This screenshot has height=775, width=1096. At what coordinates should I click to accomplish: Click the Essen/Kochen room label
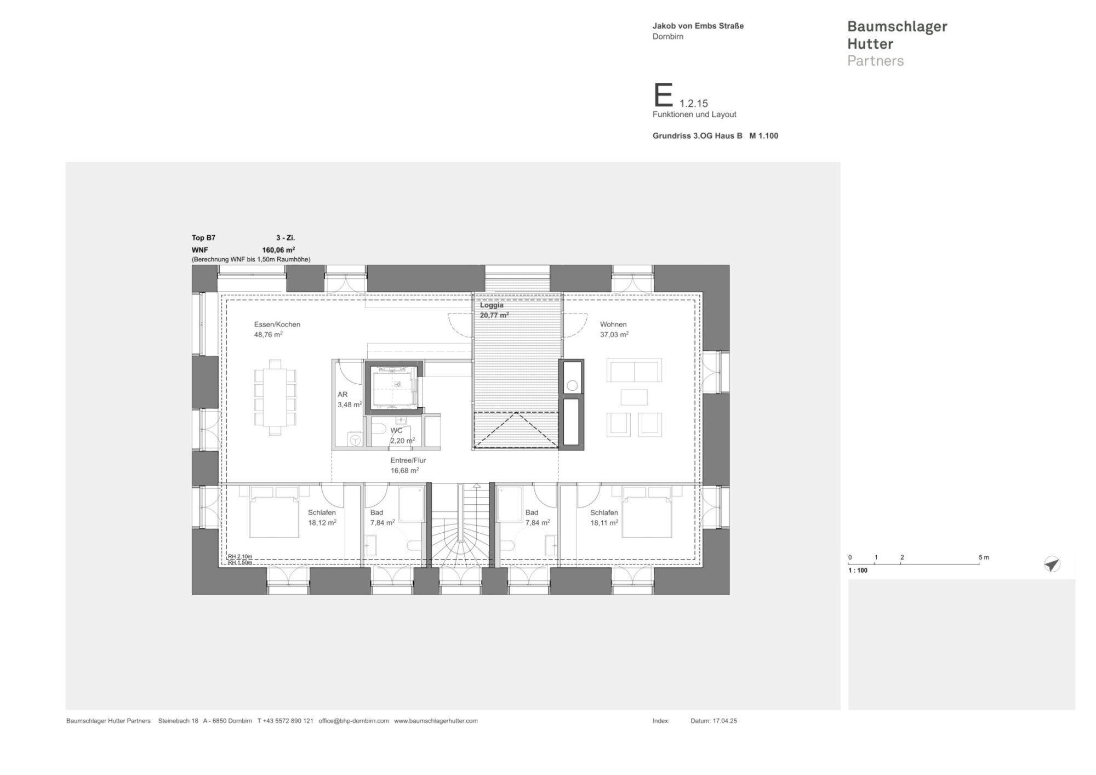pos(277,324)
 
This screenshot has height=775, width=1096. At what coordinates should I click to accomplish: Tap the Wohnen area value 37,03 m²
pos(614,334)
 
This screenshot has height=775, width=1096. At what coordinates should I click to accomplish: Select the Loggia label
pos(492,305)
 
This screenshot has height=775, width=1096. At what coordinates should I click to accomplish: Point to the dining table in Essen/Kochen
pos(275,397)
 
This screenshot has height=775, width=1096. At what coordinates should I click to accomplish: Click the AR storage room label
pos(342,395)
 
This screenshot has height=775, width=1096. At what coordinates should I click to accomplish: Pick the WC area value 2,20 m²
pos(402,441)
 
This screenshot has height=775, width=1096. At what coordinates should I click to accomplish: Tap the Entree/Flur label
pos(408,460)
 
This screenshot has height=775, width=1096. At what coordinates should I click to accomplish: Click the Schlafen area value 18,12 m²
pos(322,523)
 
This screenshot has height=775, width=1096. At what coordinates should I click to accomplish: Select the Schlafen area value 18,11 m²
pos(604,523)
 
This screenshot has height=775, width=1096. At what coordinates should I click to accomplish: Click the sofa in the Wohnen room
pos(633,371)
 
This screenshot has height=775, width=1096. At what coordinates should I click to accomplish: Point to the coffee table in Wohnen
pos(633,397)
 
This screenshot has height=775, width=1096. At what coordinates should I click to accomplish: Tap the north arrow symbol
pos(1052,564)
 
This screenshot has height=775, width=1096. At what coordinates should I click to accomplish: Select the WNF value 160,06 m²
pos(278,250)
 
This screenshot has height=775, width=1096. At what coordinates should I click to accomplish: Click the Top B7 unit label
pos(203,238)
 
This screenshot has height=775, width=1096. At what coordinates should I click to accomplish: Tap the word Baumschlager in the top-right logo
pos(897,26)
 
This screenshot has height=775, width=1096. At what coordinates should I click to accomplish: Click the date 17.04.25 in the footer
pos(724,721)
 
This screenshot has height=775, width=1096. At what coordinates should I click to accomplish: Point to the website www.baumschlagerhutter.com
pos(436,721)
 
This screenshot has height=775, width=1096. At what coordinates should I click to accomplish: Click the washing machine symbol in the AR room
pos(355,440)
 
